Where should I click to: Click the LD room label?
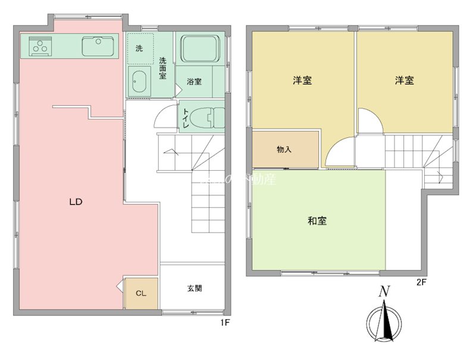click(75, 202)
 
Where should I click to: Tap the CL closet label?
click(141, 293)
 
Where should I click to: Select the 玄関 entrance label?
click(195, 289)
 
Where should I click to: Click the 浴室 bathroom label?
click(194, 81)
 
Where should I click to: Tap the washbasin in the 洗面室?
click(139, 82)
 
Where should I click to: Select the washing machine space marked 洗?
click(140, 49)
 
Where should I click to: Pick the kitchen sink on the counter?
click(98, 45)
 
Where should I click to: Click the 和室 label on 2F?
click(317, 221)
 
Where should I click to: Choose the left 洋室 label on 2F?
click(303, 80)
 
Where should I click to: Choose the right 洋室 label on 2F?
click(405, 80)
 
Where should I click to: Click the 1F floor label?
click(225, 323)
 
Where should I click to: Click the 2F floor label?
click(421, 283)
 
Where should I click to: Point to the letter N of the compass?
click(385, 292)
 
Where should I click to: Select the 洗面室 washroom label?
click(162, 68)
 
